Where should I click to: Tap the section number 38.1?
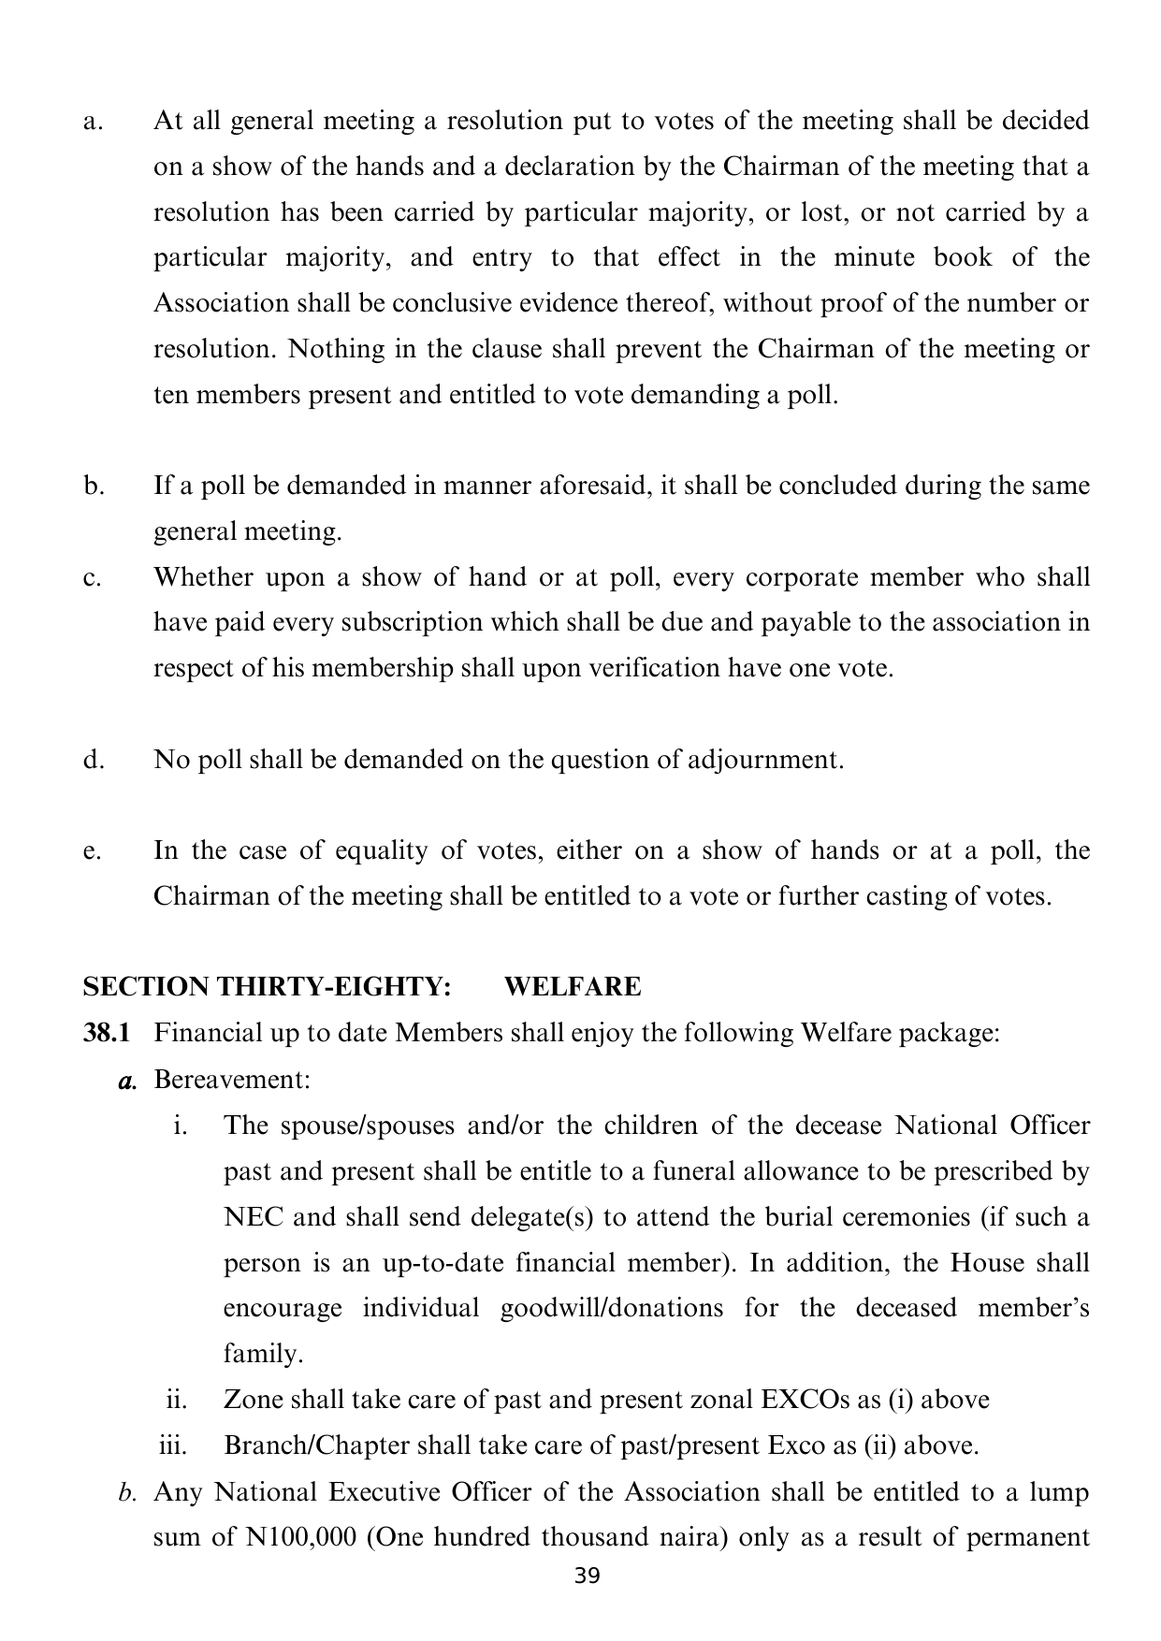click(x=107, y=1033)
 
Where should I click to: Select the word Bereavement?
click(x=231, y=1080)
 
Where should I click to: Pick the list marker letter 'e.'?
click(x=92, y=851)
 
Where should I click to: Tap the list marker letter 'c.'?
click(x=92, y=578)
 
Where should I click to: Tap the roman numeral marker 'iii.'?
click(x=174, y=1445)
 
